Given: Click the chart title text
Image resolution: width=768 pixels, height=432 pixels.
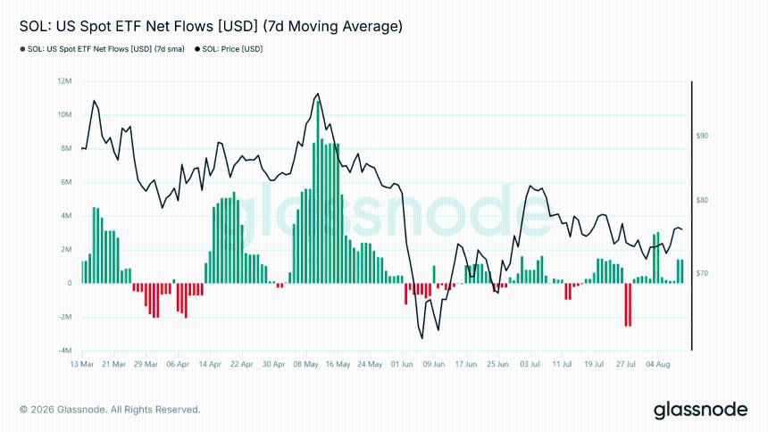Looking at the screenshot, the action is tap(211, 27).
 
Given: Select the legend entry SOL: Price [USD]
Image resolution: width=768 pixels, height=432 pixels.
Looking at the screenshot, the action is tap(229, 49).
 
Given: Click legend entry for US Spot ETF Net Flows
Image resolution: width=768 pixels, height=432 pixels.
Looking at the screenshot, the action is tap(103, 49).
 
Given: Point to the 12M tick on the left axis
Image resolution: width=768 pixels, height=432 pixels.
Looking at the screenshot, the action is tap(64, 81).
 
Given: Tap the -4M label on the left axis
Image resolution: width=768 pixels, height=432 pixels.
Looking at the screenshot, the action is tap(65, 351).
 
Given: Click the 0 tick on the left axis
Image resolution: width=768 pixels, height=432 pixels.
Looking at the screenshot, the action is tap(70, 283).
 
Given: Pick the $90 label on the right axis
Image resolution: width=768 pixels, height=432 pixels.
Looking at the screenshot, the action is tap(702, 136).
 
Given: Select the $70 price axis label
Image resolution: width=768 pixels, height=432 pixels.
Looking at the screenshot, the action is tap(702, 273).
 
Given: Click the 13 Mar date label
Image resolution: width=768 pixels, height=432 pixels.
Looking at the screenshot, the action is tap(82, 364).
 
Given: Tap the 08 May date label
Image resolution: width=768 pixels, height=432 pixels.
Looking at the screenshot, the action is tap(305, 364).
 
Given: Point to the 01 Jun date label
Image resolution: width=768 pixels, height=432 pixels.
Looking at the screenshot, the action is tap(402, 364).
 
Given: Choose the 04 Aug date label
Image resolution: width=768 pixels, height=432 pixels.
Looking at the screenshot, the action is tap(658, 364).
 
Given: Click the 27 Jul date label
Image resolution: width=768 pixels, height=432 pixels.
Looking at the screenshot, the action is tap(626, 364).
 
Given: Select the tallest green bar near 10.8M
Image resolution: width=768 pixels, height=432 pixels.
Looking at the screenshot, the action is tap(319, 192).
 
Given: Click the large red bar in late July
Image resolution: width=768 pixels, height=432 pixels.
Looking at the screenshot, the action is tap(628, 304).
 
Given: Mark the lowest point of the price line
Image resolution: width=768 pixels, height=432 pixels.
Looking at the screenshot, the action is tap(422, 338).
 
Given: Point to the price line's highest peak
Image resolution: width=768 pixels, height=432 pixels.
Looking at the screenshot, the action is tap(319, 94).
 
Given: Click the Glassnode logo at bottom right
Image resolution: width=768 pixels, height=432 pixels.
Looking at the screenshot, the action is tap(701, 410).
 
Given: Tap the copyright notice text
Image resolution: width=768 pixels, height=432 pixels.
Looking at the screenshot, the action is tap(110, 410).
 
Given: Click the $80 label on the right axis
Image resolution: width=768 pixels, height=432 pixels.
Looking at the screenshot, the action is tap(702, 200).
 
